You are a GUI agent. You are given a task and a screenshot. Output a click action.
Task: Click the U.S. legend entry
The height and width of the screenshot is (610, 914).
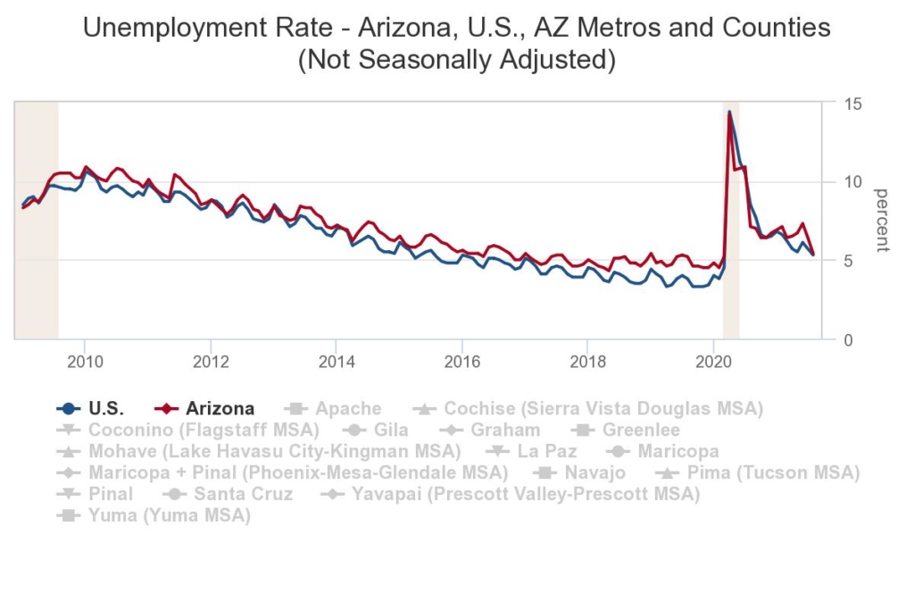[x=99, y=409]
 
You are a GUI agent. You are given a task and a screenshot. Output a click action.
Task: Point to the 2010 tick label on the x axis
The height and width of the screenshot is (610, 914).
[x=84, y=361]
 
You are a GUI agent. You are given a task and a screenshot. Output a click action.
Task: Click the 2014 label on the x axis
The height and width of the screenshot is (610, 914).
[x=335, y=361]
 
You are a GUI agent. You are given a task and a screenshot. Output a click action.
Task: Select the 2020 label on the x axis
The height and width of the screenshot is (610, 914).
[x=712, y=361]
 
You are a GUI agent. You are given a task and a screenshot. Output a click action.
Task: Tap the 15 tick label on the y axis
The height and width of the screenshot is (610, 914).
[x=853, y=104]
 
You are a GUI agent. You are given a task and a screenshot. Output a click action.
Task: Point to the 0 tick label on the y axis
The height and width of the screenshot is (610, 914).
[x=849, y=340]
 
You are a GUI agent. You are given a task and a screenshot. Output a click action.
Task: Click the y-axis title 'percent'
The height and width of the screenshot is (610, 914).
[x=881, y=221]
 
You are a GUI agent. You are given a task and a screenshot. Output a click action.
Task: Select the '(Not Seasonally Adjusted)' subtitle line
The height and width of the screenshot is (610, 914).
[x=456, y=61]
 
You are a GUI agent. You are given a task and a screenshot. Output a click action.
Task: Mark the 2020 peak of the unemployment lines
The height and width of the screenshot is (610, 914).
[x=729, y=113]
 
